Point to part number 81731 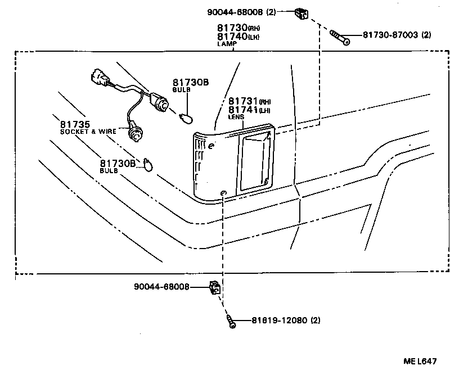[242, 101]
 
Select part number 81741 [242, 110]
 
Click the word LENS [236, 117]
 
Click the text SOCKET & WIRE [88, 131]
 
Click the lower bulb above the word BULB [147, 164]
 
